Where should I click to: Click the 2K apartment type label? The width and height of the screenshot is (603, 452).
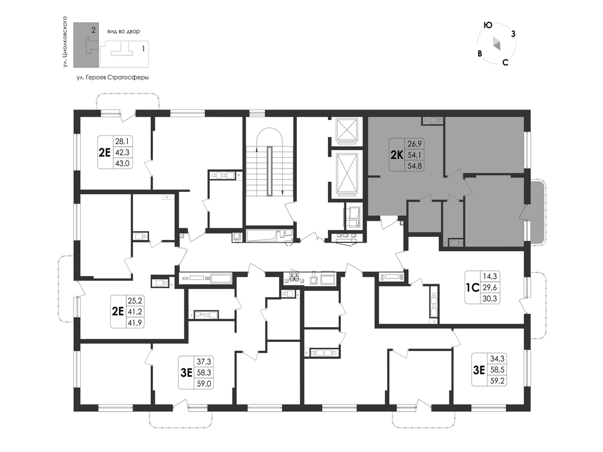click(x=396, y=155)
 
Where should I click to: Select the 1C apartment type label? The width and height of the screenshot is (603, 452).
click(x=472, y=287)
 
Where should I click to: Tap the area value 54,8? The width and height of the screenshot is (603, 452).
click(x=415, y=166)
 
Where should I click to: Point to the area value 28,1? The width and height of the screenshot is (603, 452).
click(x=122, y=141)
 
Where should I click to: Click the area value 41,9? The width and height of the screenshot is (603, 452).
click(x=135, y=323)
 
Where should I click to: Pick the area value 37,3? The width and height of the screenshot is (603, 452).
click(x=204, y=362)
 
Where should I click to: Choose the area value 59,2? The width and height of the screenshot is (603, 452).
click(x=497, y=381)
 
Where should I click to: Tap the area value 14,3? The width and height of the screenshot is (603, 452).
click(x=489, y=276)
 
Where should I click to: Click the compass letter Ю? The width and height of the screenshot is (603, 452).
click(x=488, y=25)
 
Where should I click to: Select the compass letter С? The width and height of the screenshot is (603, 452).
click(x=505, y=62)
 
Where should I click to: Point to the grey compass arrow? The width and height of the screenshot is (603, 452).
click(x=497, y=44)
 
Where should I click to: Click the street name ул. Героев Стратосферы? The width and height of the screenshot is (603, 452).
click(x=112, y=78)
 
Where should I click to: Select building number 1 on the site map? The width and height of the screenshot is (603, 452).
click(x=144, y=49)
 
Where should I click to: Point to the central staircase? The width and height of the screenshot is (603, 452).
click(x=270, y=171)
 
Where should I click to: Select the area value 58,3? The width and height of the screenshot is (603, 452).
click(x=204, y=373)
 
